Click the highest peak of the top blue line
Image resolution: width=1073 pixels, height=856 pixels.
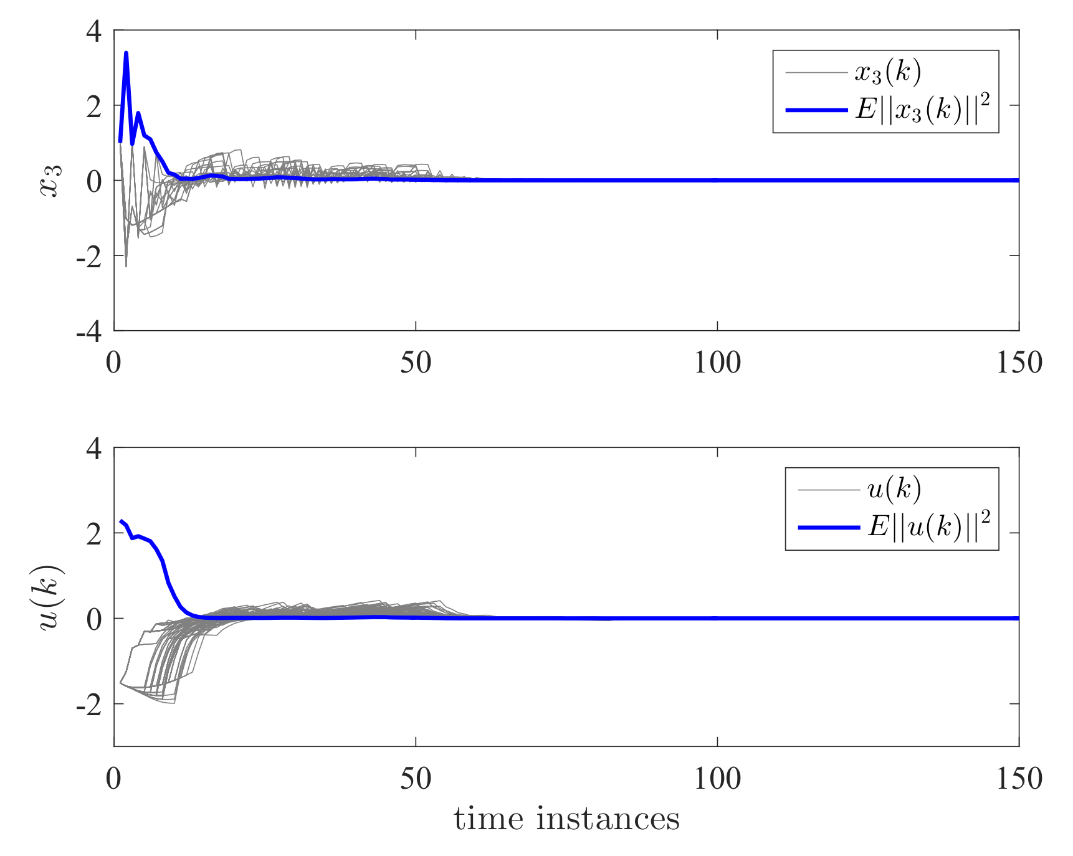pos(126,53)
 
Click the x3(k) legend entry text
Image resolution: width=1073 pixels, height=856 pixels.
pos(887,73)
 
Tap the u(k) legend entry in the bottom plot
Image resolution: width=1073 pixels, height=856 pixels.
pos(894,490)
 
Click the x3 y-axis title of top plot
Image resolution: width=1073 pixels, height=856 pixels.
pos(51,181)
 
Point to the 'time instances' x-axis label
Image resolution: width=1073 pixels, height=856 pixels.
pos(566,819)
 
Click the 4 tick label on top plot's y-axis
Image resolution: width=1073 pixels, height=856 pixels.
pos(94,31)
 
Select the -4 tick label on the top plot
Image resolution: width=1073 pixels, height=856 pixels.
pos(89,331)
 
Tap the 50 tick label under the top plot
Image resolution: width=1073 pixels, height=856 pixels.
pos(416,363)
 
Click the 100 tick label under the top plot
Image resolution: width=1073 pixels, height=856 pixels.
pos(717,363)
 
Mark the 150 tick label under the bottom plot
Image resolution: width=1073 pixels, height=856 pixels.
pos(1019,779)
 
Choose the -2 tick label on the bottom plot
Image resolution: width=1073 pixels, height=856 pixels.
pos(89,705)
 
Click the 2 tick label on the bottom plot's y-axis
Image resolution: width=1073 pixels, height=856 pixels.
pos(94,534)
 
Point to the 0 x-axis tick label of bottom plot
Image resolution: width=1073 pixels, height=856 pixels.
pos(114,779)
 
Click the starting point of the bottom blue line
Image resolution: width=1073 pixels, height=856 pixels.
pos(120,521)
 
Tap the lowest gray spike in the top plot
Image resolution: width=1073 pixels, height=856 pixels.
pos(126,266)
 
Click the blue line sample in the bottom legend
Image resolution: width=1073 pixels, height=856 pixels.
pos(829,528)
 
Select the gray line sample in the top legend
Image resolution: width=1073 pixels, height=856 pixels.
pos(816,73)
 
